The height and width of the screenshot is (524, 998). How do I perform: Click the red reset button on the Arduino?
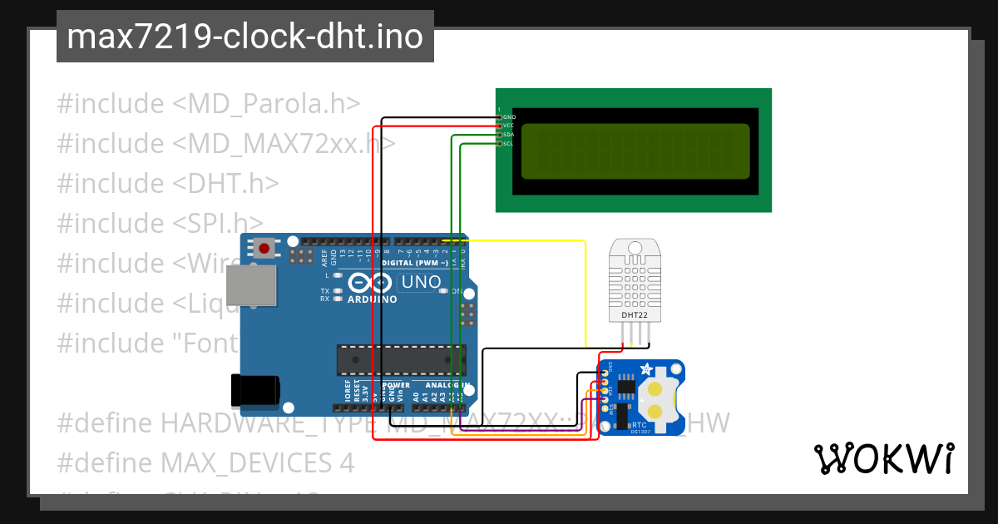click(x=265, y=248)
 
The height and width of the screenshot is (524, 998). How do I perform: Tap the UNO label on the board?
click(x=421, y=283)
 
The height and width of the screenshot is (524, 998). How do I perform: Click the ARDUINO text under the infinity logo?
click(x=372, y=299)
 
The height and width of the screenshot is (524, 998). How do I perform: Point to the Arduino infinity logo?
click(x=365, y=282)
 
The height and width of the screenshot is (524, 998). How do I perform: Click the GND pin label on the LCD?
click(x=509, y=117)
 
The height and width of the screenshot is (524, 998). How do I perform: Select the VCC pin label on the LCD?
click(x=509, y=126)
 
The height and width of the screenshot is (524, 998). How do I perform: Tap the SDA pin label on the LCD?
click(x=509, y=135)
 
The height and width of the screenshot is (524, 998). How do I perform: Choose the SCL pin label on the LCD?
click(x=509, y=144)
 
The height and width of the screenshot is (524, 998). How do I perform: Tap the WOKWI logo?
click(x=883, y=458)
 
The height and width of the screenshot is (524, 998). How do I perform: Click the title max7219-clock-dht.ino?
click(x=245, y=37)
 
